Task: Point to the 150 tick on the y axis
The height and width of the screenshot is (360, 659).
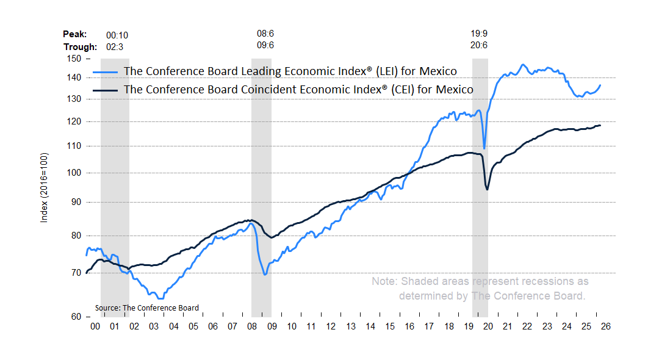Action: [x=74, y=59]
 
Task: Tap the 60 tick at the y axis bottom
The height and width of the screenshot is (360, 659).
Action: [x=77, y=317]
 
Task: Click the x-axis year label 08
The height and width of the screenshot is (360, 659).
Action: [x=251, y=326]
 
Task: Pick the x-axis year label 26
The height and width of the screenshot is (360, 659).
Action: [x=605, y=326]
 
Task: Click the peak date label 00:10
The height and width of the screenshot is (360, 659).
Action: [x=117, y=35]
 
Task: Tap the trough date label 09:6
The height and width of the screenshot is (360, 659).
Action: [x=265, y=46]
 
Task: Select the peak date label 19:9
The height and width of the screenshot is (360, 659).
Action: [x=479, y=34]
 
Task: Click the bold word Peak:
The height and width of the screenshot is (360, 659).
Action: [x=75, y=35]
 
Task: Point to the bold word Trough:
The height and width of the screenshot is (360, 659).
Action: [x=80, y=47]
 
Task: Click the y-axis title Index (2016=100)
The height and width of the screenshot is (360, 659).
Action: [x=44, y=187]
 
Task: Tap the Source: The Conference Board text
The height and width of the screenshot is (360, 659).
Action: [x=147, y=308]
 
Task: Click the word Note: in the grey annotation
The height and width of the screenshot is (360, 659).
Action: [x=385, y=281]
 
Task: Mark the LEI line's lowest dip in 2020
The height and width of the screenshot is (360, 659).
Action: [x=484, y=148]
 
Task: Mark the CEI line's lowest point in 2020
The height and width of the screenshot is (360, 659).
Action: [x=487, y=189]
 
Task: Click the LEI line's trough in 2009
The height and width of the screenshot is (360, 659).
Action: [x=265, y=275]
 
